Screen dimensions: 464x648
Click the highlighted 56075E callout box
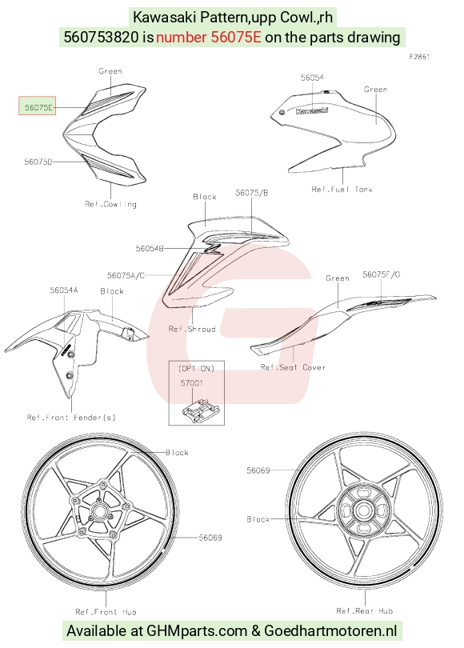(37, 106)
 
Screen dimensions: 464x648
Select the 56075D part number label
(38, 162)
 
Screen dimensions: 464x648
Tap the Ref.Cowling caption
(110, 204)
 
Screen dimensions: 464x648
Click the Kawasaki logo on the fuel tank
(312, 110)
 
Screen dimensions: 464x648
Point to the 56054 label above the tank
(312, 78)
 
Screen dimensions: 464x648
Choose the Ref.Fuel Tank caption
(342, 190)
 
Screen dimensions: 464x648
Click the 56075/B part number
(252, 193)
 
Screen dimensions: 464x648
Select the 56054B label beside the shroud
(150, 248)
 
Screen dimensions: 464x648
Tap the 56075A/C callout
(126, 275)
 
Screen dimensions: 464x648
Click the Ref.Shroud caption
(192, 329)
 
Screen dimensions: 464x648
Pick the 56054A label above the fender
(64, 290)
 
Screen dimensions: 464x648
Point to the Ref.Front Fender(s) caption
(71, 418)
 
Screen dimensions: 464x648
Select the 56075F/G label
(382, 274)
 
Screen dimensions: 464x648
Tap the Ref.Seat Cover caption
(293, 367)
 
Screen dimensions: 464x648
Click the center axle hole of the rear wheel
(363, 510)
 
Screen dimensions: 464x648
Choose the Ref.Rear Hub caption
(365, 611)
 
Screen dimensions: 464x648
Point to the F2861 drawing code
(420, 57)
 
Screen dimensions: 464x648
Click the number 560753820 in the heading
(101, 37)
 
